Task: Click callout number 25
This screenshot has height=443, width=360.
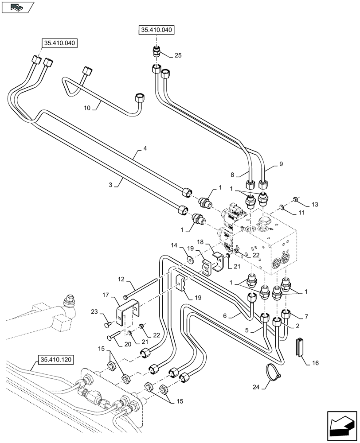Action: coord(178,55)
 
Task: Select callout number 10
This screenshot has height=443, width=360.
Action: coord(87,107)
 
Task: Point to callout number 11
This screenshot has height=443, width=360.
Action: coord(301,213)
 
